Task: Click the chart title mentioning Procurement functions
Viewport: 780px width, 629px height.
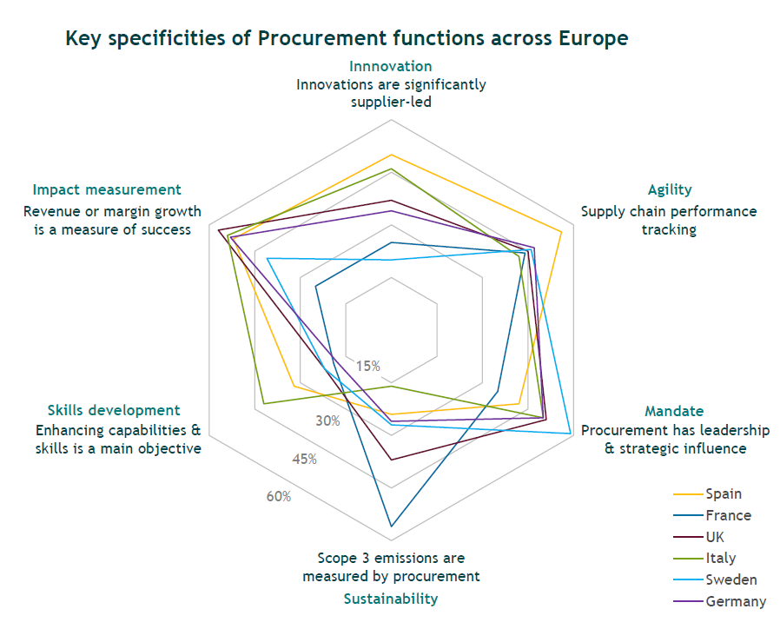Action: pyautogui.click(x=347, y=38)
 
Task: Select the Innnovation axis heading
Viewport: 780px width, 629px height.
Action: pyautogui.click(x=390, y=66)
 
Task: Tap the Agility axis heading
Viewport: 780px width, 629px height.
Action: pyautogui.click(x=670, y=189)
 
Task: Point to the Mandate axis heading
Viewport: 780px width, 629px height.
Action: pyautogui.click(x=674, y=411)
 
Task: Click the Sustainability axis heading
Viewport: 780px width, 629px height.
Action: pyautogui.click(x=390, y=599)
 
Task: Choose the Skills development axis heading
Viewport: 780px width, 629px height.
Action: pyautogui.click(x=114, y=410)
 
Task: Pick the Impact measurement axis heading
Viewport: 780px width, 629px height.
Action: pyautogui.click(x=107, y=189)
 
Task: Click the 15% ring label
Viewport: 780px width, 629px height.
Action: pyautogui.click(x=367, y=366)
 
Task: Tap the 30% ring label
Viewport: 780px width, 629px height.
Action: pyautogui.click(x=327, y=421)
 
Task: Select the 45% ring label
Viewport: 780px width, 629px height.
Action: pyautogui.click(x=304, y=460)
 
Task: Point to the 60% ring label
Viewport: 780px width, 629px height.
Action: pyautogui.click(x=279, y=497)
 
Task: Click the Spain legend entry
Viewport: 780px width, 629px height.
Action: pyautogui.click(x=724, y=493)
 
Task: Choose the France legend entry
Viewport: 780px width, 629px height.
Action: pyautogui.click(x=728, y=515)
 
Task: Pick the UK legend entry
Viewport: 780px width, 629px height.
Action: pyautogui.click(x=715, y=537)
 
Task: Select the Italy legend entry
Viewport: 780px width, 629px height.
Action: pyautogui.click(x=720, y=559)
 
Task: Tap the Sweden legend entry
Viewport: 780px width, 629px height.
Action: pyautogui.click(x=730, y=579)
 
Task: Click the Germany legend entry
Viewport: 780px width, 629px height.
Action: pyautogui.click(x=736, y=601)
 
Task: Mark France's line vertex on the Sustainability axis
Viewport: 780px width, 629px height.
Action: pyautogui.click(x=391, y=526)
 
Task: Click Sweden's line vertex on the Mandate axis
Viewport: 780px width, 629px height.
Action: pyautogui.click(x=570, y=433)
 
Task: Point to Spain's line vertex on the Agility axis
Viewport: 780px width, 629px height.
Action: pyautogui.click(x=561, y=232)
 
